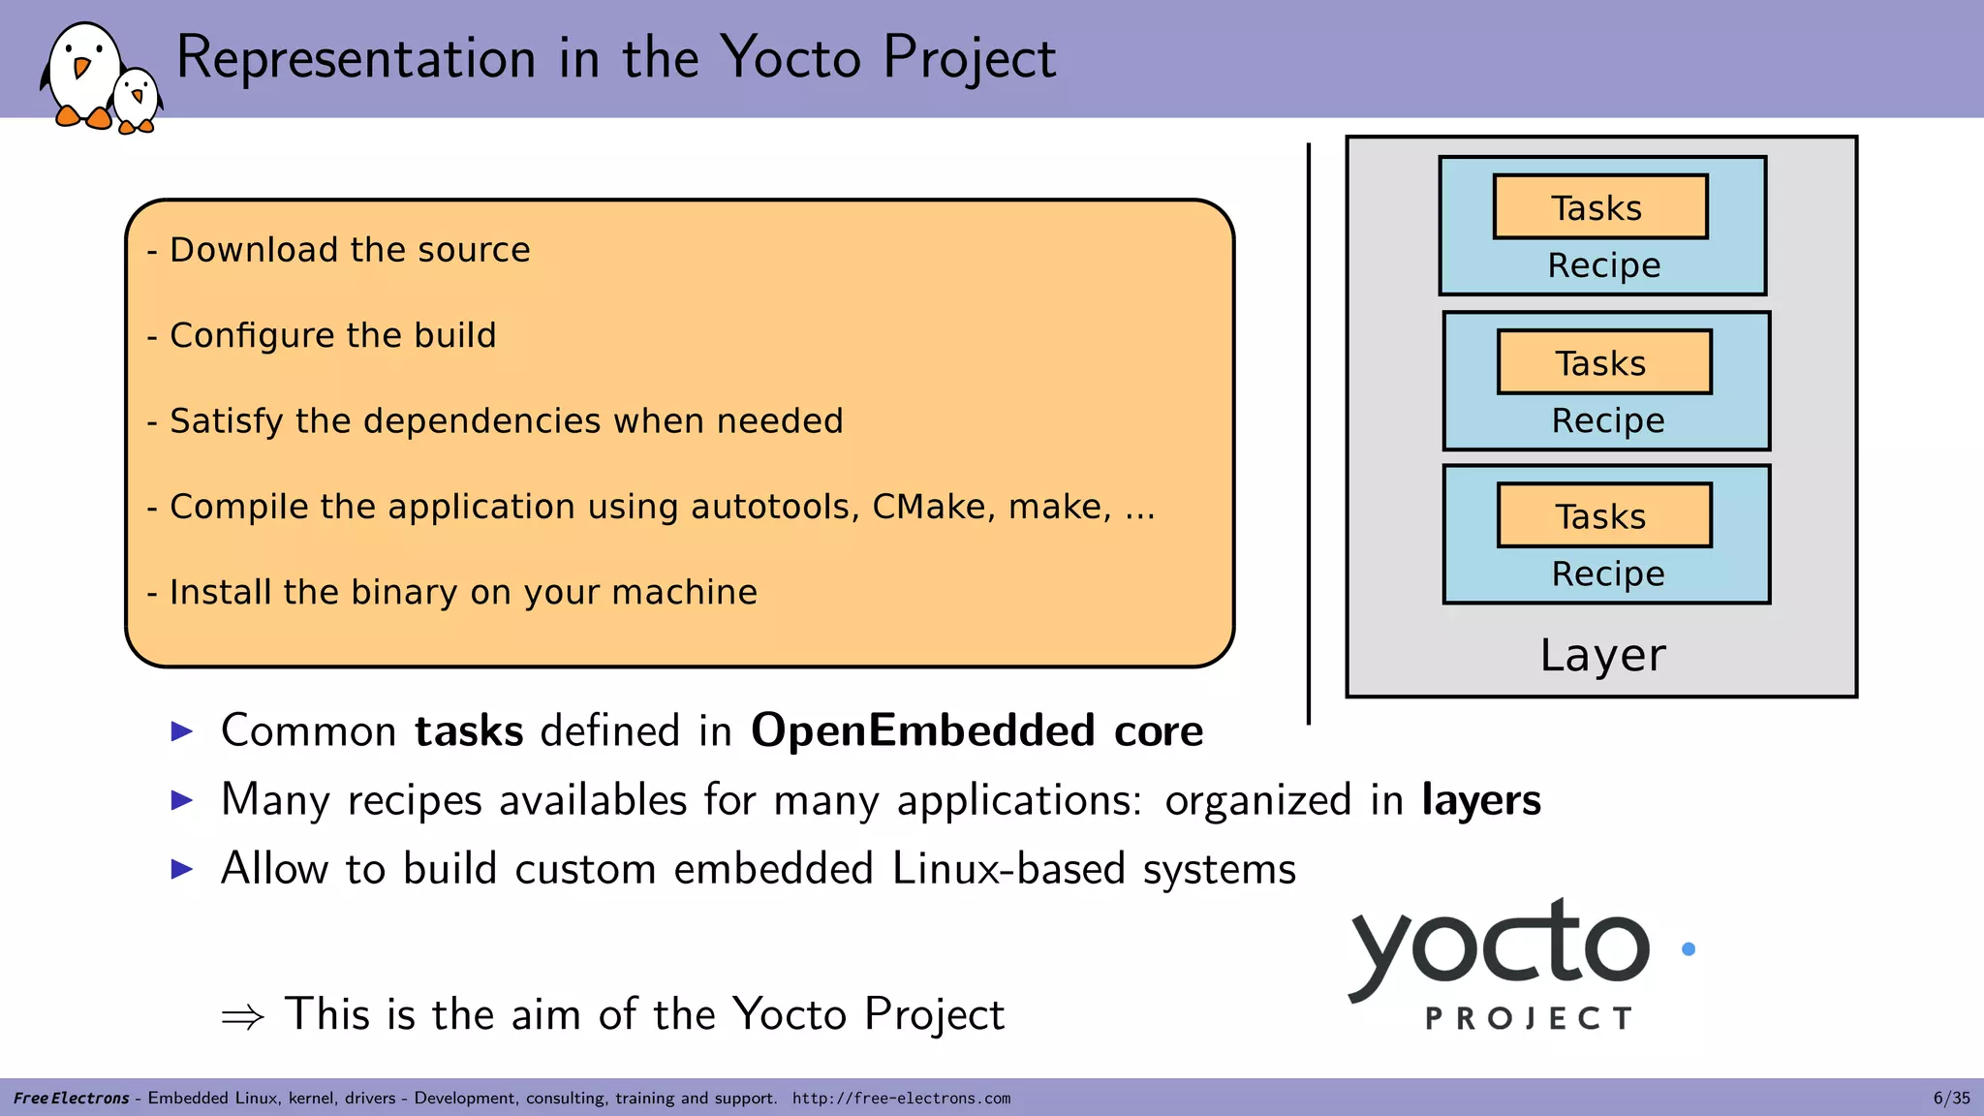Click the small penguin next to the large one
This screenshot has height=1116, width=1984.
point(136,100)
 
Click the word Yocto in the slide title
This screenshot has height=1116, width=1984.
point(790,57)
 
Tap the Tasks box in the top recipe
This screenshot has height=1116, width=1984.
point(1599,207)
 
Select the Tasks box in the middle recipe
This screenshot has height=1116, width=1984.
point(1603,362)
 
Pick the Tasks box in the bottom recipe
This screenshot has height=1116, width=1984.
point(1603,515)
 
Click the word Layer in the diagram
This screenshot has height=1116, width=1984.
point(1602,656)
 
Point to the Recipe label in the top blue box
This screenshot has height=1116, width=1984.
point(1603,265)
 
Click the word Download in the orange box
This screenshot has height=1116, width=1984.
point(255,250)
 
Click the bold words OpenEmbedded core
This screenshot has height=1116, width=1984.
point(976,730)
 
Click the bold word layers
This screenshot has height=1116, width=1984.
point(1480,800)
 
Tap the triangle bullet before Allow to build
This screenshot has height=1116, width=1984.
point(182,869)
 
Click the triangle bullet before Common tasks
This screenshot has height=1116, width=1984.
point(182,730)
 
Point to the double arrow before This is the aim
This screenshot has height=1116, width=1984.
point(242,1016)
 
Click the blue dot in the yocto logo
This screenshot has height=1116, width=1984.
point(1689,949)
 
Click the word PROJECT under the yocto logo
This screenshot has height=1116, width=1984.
point(1529,1018)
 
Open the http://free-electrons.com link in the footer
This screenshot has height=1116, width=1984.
point(901,1099)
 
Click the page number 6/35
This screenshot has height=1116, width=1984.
point(1951,1099)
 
